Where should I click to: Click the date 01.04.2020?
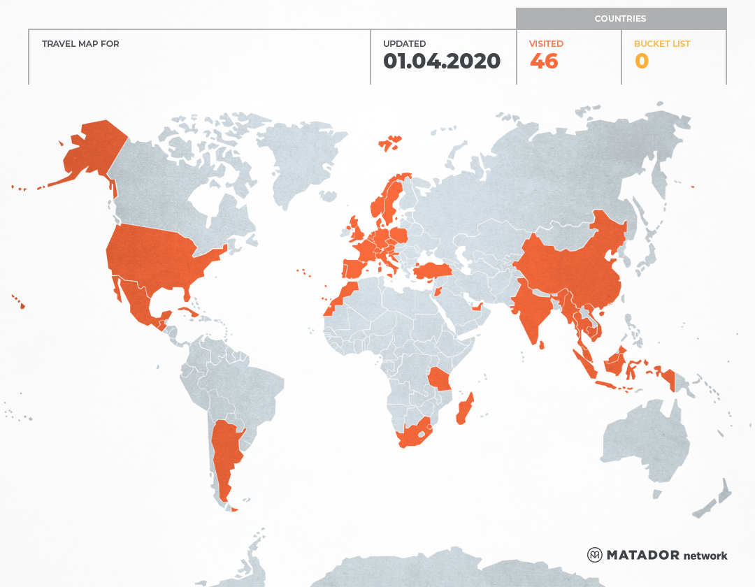click(442, 61)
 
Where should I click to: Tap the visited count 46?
click(544, 61)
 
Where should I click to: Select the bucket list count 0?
click(642, 61)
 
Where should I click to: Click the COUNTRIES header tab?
click(620, 19)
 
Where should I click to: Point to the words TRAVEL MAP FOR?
click(80, 43)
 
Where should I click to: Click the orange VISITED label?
click(546, 43)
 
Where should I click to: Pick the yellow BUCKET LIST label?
click(661, 43)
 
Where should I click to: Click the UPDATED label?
click(404, 43)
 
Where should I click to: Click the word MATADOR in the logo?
click(642, 555)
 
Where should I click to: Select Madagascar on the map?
click(464, 410)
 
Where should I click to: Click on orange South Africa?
click(412, 435)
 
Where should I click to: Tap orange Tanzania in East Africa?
click(441, 379)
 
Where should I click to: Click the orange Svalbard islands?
click(390, 143)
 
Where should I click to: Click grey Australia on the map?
click(643, 440)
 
